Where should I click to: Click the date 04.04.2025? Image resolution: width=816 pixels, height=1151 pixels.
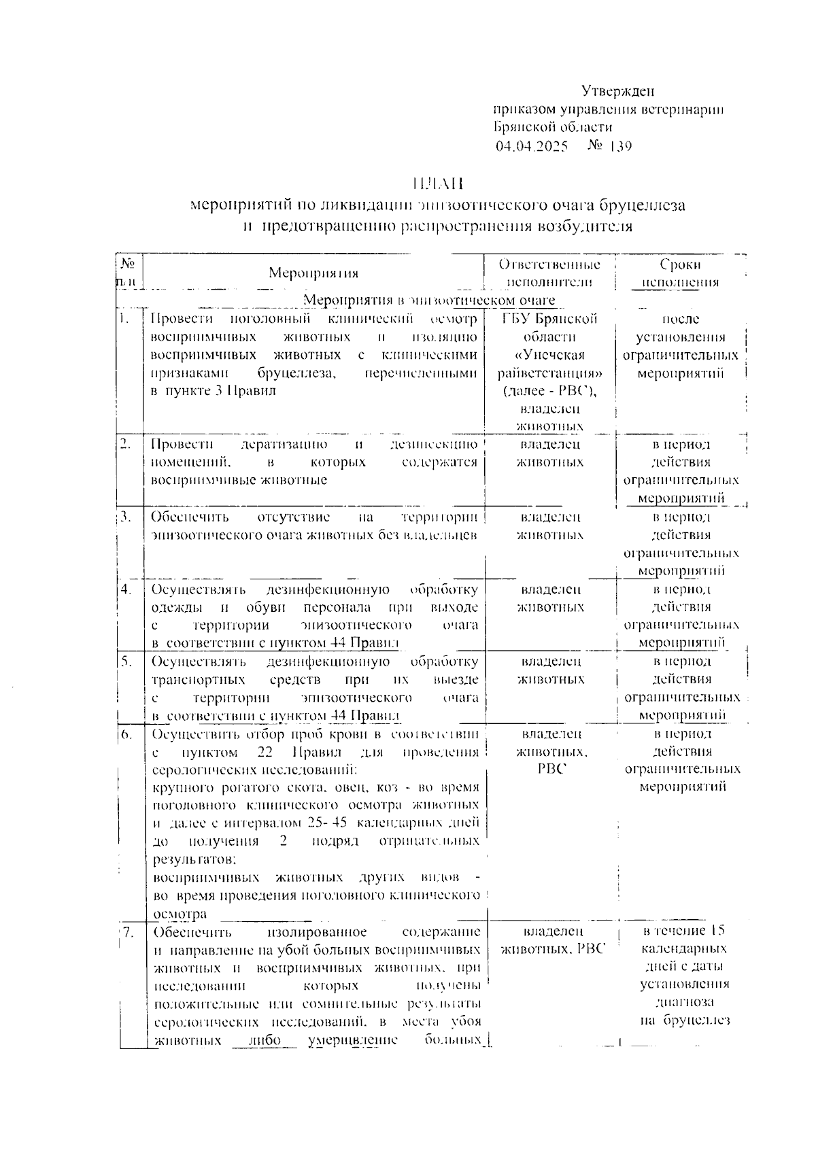[532, 146]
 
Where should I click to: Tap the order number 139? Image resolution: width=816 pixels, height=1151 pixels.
[621, 146]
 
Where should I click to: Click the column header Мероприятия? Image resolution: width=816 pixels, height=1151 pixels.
[313, 273]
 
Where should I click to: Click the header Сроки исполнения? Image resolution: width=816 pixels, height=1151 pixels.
[680, 273]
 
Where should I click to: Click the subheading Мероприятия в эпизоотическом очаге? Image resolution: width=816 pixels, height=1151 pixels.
[428, 300]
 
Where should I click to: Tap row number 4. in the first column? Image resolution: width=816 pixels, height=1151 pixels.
[126, 589]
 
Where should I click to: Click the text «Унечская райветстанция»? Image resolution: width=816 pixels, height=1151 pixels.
[549, 364]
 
